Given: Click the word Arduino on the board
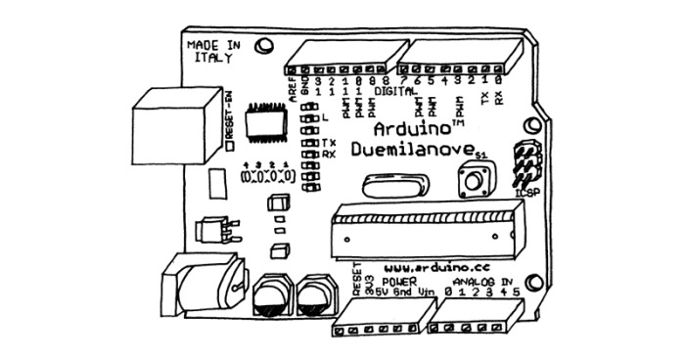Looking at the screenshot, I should click(x=410, y=130).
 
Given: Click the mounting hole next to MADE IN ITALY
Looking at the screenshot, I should click(x=263, y=45).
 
